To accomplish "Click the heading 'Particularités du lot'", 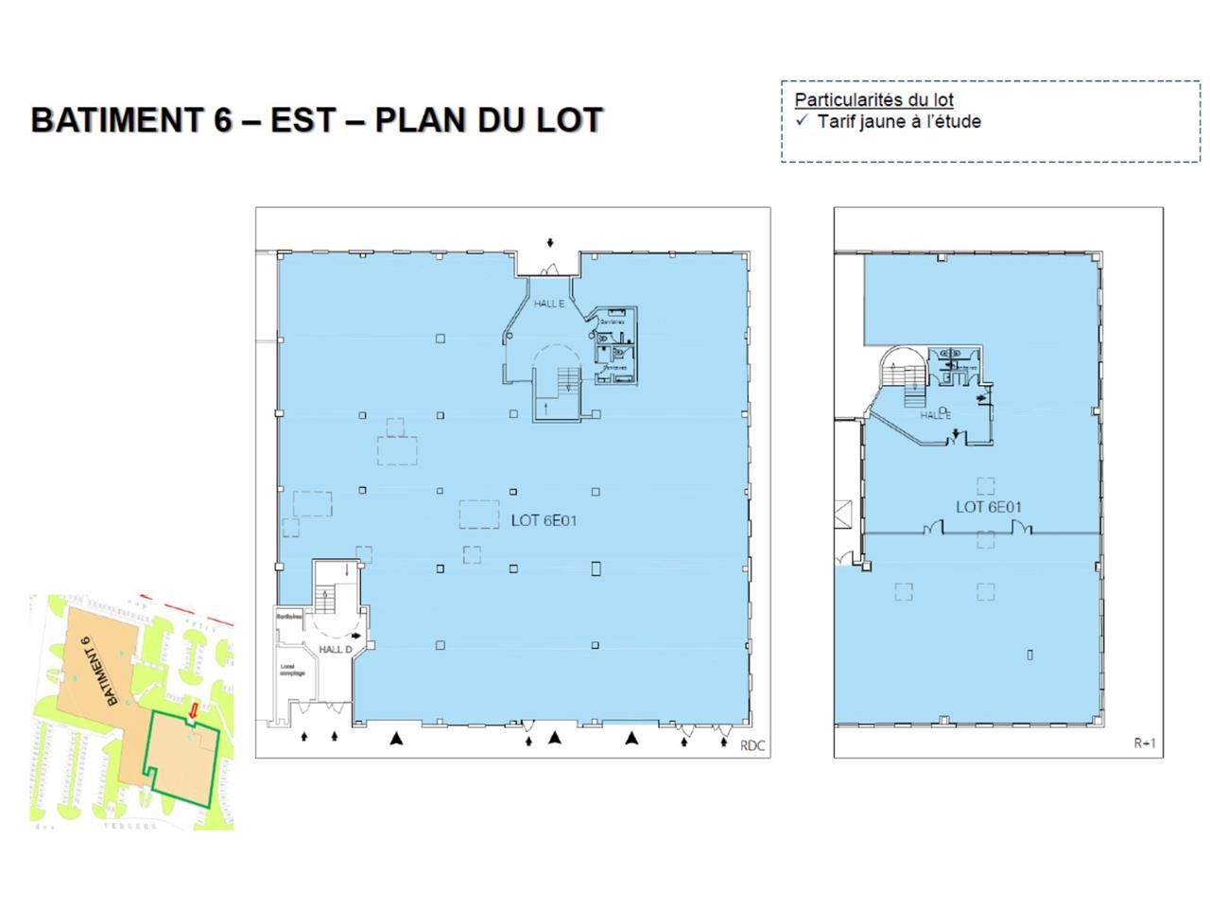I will coord(873,99).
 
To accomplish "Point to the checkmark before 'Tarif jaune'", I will coord(802,121).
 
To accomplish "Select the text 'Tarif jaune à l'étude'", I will coord(898,121).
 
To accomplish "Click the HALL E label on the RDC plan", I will coord(549,304).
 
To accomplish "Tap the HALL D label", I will coord(335,650).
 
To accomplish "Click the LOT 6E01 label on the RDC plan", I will coord(544,520).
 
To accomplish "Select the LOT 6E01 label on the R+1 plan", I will coord(989,507).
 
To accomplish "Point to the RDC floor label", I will coord(752,746).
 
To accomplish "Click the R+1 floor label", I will coord(1144,743).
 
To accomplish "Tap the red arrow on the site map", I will coord(194,709).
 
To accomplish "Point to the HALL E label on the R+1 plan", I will coord(935,415).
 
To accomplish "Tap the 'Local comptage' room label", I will coord(292,670).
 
